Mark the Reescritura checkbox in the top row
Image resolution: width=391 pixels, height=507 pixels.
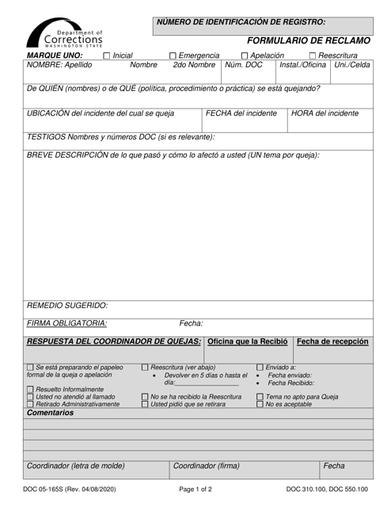tap(313, 55)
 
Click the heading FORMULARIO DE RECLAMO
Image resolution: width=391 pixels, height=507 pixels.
tap(307, 40)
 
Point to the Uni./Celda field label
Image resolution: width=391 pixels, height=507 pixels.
tap(352, 65)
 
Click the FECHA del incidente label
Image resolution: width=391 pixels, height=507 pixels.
tap(241, 113)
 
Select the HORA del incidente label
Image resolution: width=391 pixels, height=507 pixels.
tap(325, 113)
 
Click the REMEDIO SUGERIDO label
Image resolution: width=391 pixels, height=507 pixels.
tap(67, 305)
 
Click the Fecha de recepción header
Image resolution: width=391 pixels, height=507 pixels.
tap(332, 341)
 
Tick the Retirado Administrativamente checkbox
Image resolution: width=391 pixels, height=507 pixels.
tap(30, 404)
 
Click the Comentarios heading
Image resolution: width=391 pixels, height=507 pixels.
tap(56, 414)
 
